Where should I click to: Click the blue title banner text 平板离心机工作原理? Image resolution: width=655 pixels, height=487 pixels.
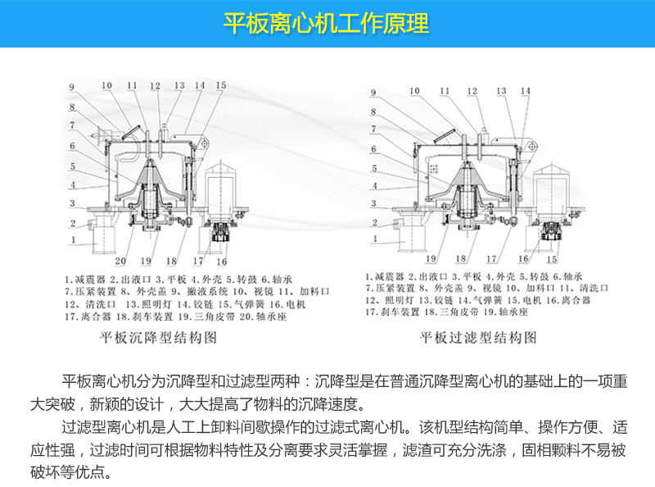[x=327, y=23]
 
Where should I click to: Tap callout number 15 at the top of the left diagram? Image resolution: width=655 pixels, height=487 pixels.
[x=220, y=85]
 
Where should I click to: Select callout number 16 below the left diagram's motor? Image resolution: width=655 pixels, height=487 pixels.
[x=221, y=262]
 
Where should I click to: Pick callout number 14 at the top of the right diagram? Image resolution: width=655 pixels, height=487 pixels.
[x=525, y=90]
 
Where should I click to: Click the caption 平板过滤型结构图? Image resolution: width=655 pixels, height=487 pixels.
[x=478, y=336]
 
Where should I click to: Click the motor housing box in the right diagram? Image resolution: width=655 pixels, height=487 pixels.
[x=550, y=185]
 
